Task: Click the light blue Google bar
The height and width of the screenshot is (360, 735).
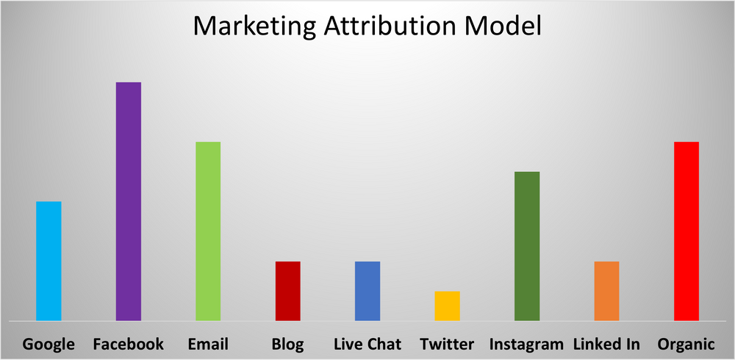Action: coord(49,261)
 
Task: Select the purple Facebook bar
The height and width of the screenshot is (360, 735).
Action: coord(129,201)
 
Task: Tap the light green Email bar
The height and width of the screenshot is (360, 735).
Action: coord(208,231)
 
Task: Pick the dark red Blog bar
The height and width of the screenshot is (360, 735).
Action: coord(288,291)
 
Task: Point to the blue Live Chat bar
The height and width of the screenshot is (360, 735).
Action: coord(367,291)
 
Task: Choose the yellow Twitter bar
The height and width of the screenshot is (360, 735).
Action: coord(447,306)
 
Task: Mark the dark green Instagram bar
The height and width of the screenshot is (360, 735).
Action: coord(527,246)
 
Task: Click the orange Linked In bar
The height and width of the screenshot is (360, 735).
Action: coord(606,291)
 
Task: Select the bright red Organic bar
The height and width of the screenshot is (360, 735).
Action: coord(686,231)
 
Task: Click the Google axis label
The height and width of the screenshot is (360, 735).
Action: coord(49,344)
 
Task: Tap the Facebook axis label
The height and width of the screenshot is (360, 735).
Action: coord(129,344)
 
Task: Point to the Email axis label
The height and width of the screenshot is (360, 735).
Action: coord(208,344)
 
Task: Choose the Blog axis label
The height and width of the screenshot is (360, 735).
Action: coord(287,344)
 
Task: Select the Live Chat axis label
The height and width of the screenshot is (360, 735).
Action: coord(367,344)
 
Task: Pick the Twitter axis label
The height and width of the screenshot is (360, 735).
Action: coord(447,344)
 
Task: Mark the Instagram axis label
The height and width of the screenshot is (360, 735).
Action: coord(526,344)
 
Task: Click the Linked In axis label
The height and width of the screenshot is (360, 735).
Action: coord(606,344)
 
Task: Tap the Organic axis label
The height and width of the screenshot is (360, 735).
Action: coord(686,344)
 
